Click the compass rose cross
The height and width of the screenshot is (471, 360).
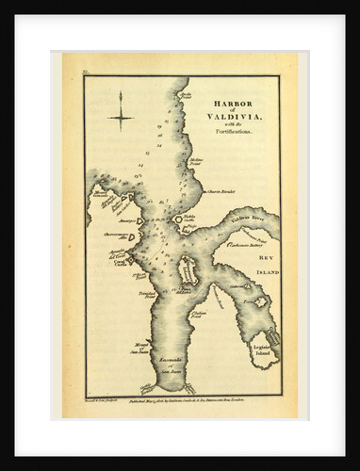tap(121, 118)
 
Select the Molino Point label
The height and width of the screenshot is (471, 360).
tap(196, 162)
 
